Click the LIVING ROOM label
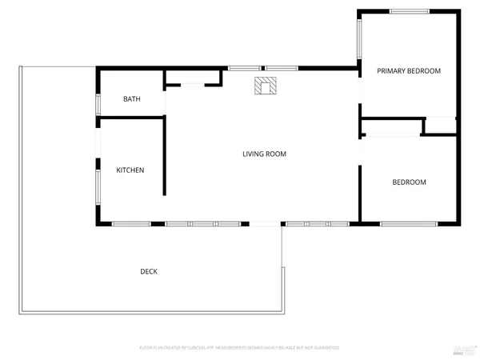coord(264,154)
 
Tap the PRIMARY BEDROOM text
coord(409,71)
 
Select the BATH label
coord(132,99)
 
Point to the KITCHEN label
coord(130,170)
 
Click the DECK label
coord(149,271)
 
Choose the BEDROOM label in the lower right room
coord(409,182)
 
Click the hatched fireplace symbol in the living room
coord(265,85)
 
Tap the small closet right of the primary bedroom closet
coord(441,125)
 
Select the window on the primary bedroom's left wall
coord(359,41)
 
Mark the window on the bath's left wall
coord(98,104)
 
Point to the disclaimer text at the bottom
coord(240,348)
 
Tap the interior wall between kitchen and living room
coord(165,156)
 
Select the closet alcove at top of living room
coord(192,78)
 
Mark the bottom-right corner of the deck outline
coord(282,312)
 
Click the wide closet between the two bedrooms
coord(391,126)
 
